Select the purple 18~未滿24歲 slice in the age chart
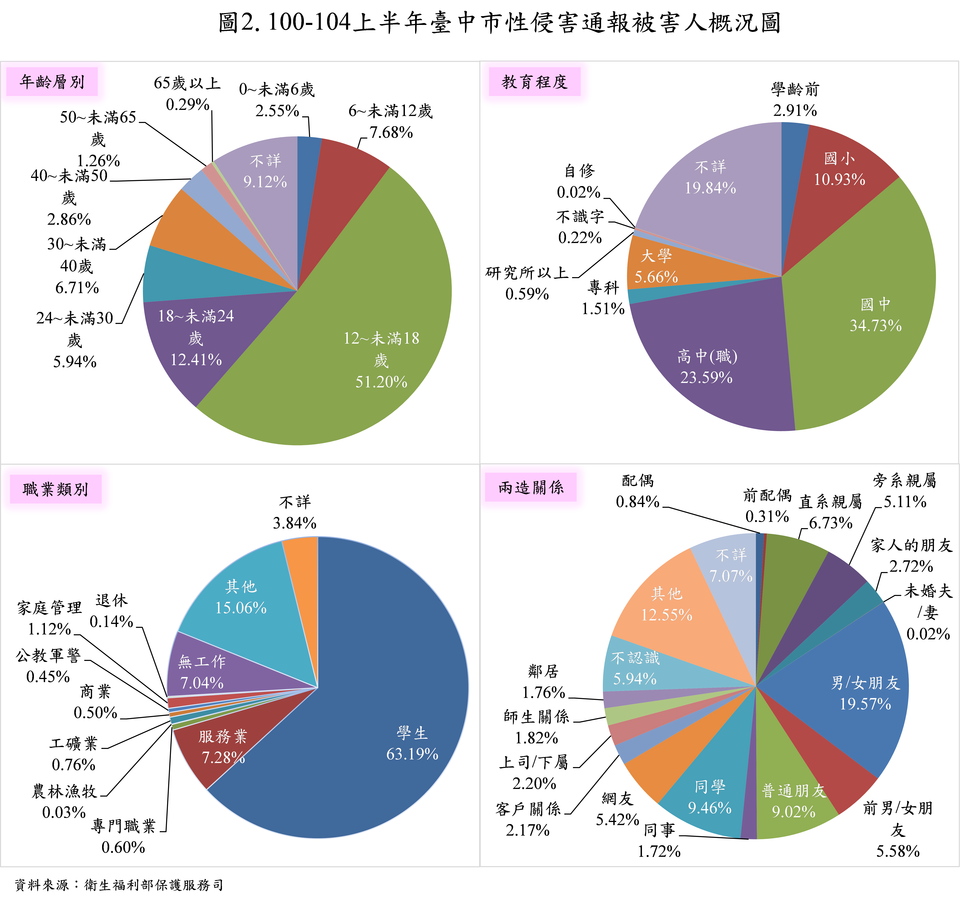tap(204, 341)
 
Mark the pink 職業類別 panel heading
tap(55, 489)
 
